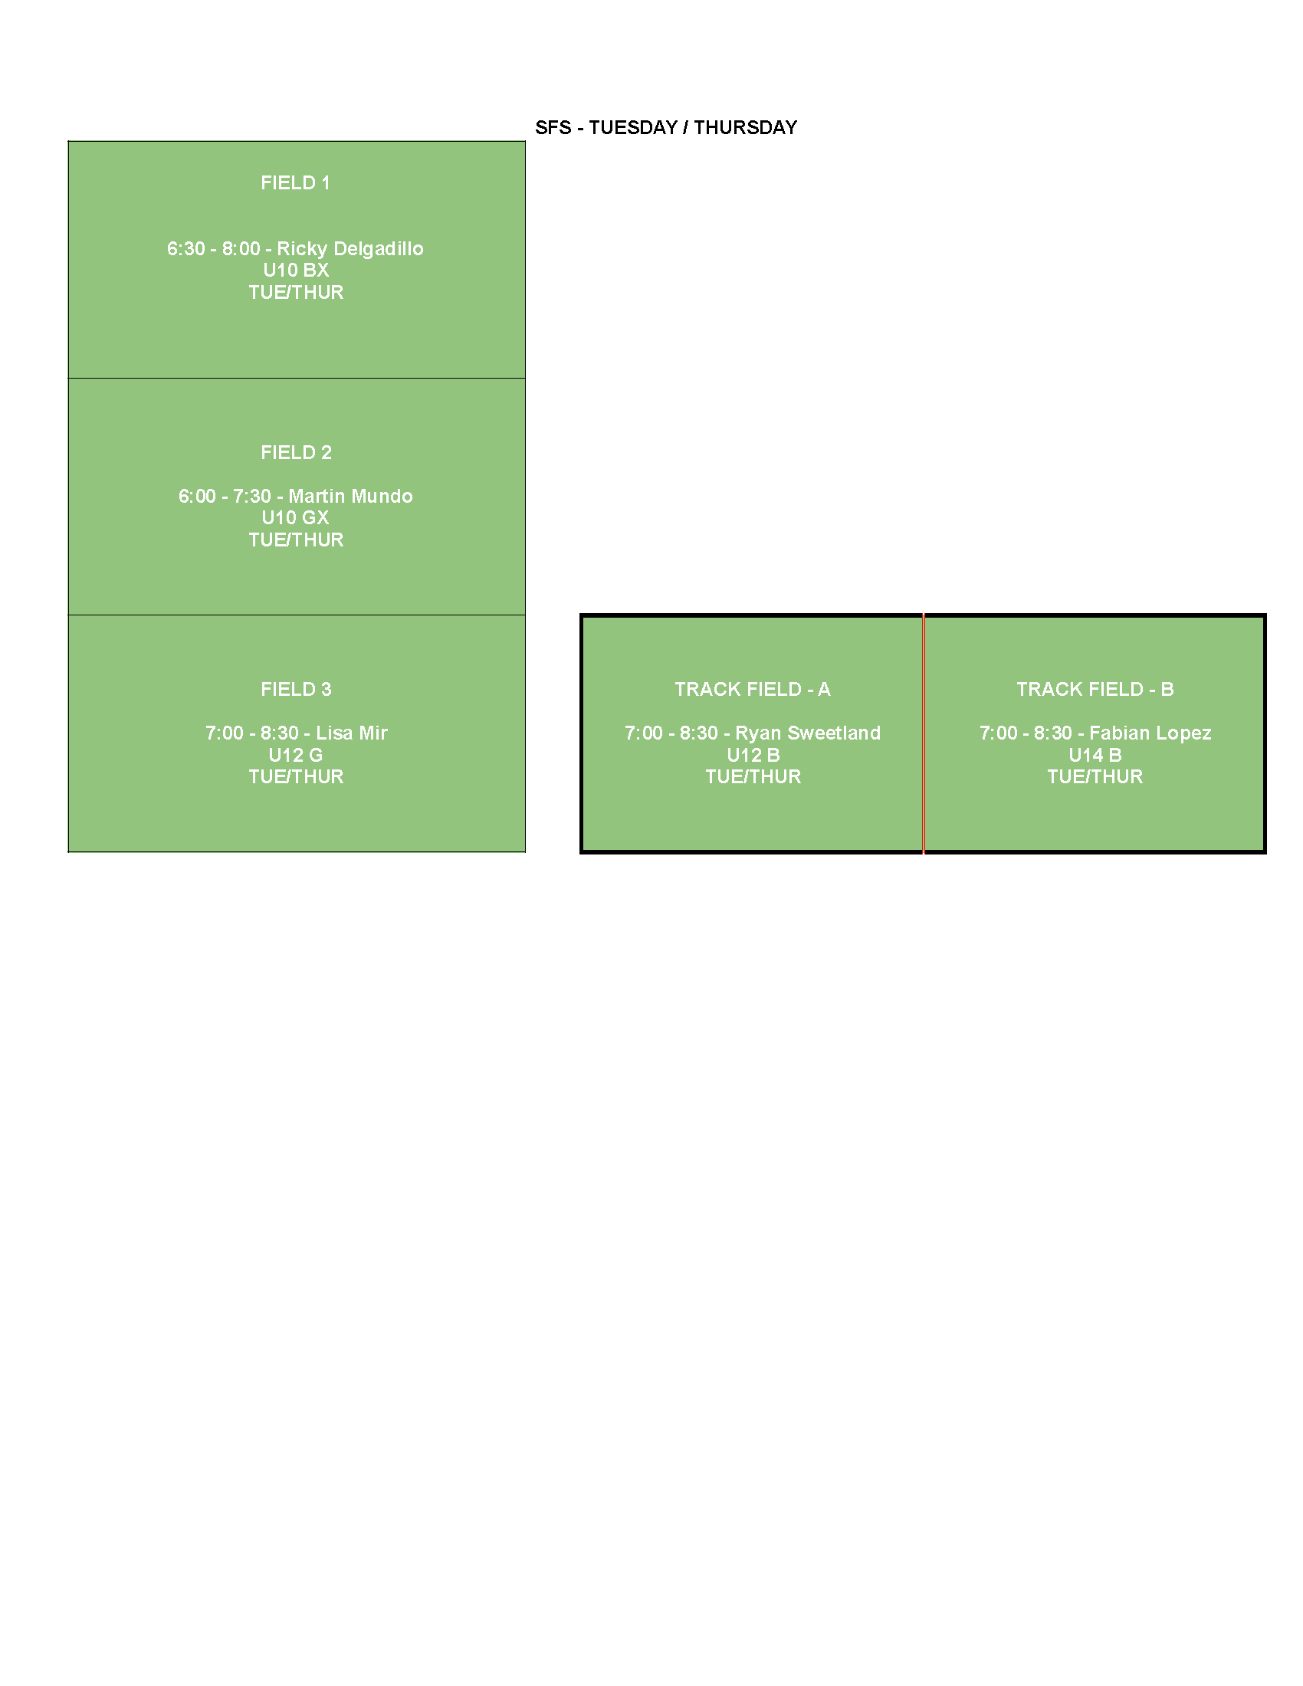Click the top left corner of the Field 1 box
pyautogui.click(x=68, y=141)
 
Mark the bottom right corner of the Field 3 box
pyautogui.click(x=525, y=851)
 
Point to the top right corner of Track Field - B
pyautogui.click(x=1265, y=616)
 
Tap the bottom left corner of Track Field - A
pyautogui.click(x=582, y=851)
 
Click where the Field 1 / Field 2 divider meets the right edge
pyautogui.click(x=525, y=379)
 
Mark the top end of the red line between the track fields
pyautogui.click(x=924, y=615)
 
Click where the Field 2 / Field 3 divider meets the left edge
pyautogui.click(x=68, y=615)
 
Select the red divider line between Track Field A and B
pyautogui.click(x=924, y=733)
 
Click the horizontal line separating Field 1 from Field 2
pyautogui.click(x=297, y=379)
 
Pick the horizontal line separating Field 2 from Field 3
pyautogui.click(x=297, y=615)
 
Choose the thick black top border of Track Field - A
pyautogui.click(x=752, y=616)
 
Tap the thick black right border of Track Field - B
pyautogui.click(x=1265, y=733)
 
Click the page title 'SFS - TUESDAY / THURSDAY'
pyautogui.click(x=666, y=127)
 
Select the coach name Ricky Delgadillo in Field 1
pyautogui.click(x=350, y=248)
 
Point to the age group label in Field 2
pyautogui.click(x=296, y=517)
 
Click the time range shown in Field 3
pyautogui.click(x=251, y=733)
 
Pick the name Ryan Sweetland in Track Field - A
pyautogui.click(x=807, y=733)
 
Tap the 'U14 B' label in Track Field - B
pyautogui.click(x=1095, y=755)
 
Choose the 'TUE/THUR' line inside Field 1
pyautogui.click(x=297, y=293)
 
